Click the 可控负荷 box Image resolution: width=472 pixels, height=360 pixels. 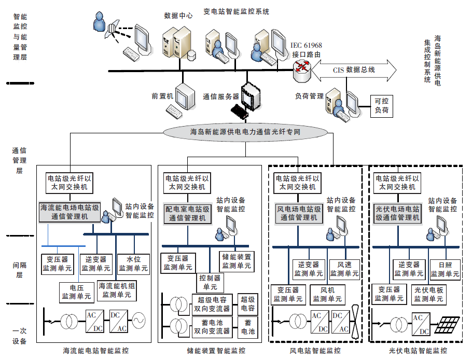coord(381,106)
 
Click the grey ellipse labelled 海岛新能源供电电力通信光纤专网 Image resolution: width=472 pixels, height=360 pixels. coord(246,132)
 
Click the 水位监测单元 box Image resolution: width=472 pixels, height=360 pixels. coord(133,264)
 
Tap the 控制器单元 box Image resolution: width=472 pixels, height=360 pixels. coord(210,282)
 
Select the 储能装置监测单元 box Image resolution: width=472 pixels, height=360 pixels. coord(237,261)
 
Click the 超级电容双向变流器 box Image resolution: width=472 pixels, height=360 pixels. coord(212,304)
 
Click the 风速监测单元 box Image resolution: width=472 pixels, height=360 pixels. coord(344,269)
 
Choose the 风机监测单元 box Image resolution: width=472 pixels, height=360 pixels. coord(327,295)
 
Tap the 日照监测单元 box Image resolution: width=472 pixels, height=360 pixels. coord(445,269)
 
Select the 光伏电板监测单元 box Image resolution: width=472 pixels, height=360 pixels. coord(428,295)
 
